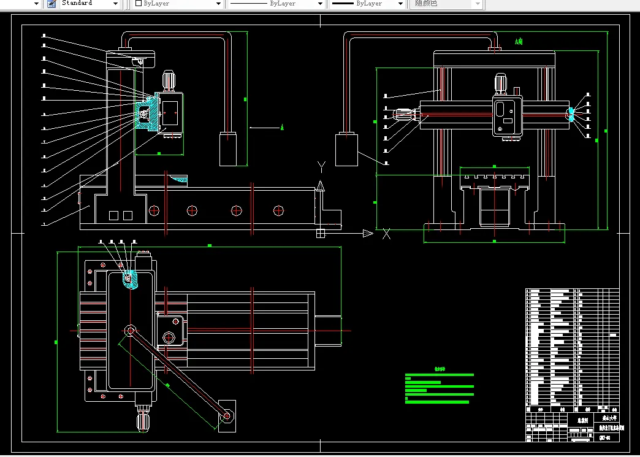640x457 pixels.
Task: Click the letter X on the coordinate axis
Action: pyautogui.click(x=386, y=234)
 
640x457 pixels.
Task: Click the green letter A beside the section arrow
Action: pyautogui.click(x=282, y=128)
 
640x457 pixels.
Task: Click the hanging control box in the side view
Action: pyautogui.click(x=228, y=149)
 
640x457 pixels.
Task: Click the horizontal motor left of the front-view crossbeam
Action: pyautogui.click(x=401, y=114)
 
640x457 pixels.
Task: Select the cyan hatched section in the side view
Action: pyautogui.click(x=145, y=113)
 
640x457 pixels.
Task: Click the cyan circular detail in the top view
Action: pyautogui.click(x=129, y=278)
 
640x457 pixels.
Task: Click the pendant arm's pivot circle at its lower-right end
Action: pyautogui.click(x=227, y=416)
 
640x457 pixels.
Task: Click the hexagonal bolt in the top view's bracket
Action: pyautogui.click(x=169, y=337)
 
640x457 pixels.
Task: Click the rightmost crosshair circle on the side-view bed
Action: pyautogui.click(x=278, y=210)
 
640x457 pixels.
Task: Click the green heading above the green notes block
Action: pyautogui.click(x=440, y=370)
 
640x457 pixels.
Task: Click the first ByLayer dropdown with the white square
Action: pyautogui.click(x=178, y=4)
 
